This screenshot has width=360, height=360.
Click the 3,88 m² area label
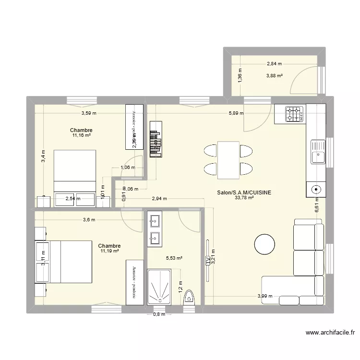[x=275, y=75]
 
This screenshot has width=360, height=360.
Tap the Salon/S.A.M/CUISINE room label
[x=244, y=192]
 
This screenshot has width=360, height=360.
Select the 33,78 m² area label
[x=244, y=197]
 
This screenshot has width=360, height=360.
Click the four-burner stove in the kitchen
[x=295, y=114]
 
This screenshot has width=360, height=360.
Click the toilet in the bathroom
[x=189, y=297]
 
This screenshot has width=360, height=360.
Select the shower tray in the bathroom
[x=158, y=287]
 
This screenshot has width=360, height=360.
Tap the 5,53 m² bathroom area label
[x=174, y=258]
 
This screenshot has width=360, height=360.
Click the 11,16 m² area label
[x=81, y=135]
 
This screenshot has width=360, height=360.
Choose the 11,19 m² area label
[x=110, y=251]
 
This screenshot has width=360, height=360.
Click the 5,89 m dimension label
[x=236, y=113]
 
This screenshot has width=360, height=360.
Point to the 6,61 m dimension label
[x=317, y=206]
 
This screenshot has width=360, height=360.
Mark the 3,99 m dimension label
[x=265, y=296]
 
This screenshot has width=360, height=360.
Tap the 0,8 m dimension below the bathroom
[x=159, y=314]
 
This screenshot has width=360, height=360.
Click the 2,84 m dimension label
[x=275, y=63]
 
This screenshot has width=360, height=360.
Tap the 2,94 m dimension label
[x=159, y=198]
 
